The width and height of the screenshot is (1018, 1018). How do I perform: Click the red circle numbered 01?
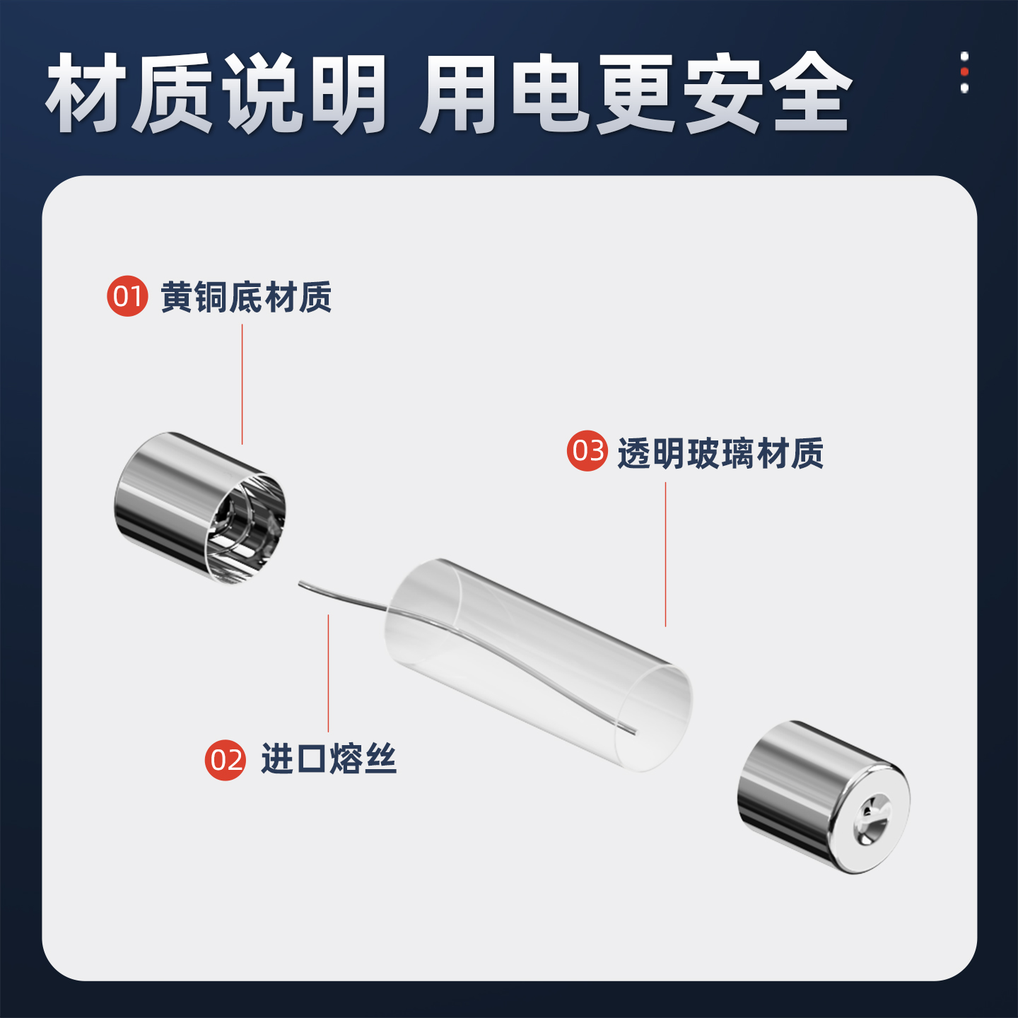pyautogui.click(x=127, y=296)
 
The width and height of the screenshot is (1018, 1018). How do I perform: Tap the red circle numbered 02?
pyautogui.click(x=225, y=760)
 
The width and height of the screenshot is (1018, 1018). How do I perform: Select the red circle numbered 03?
pyautogui.click(x=587, y=451)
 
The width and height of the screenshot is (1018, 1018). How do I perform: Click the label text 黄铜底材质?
pyautogui.click(x=246, y=297)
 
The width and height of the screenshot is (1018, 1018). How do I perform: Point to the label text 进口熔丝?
pyautogui.click(x=329, y=759)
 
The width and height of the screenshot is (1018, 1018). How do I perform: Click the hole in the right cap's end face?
pyautogui.click(x=871, y=820)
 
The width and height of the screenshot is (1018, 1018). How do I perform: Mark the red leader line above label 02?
pyautogui.click(x=328, y=672)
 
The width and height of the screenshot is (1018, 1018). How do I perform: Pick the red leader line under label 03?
pyautogui.click(x=665, y=555)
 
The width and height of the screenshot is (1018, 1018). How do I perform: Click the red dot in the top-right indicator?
pyautogui.click(x=964, y=72)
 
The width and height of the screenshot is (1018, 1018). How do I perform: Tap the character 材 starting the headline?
pyautogui.click(x=86, y=93)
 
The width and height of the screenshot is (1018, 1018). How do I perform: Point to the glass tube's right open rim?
pyautogui.click(x=654, y=718)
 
